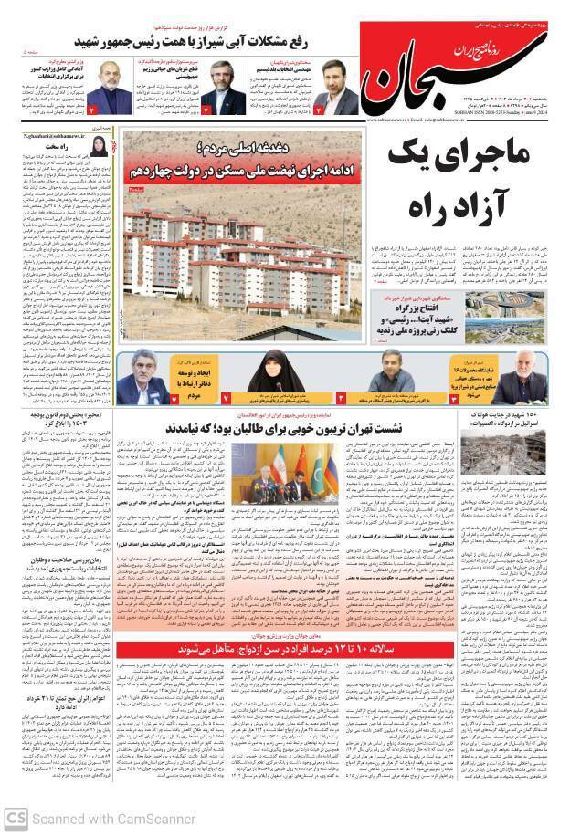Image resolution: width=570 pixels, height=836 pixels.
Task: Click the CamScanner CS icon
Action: click(x=15, y=819)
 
